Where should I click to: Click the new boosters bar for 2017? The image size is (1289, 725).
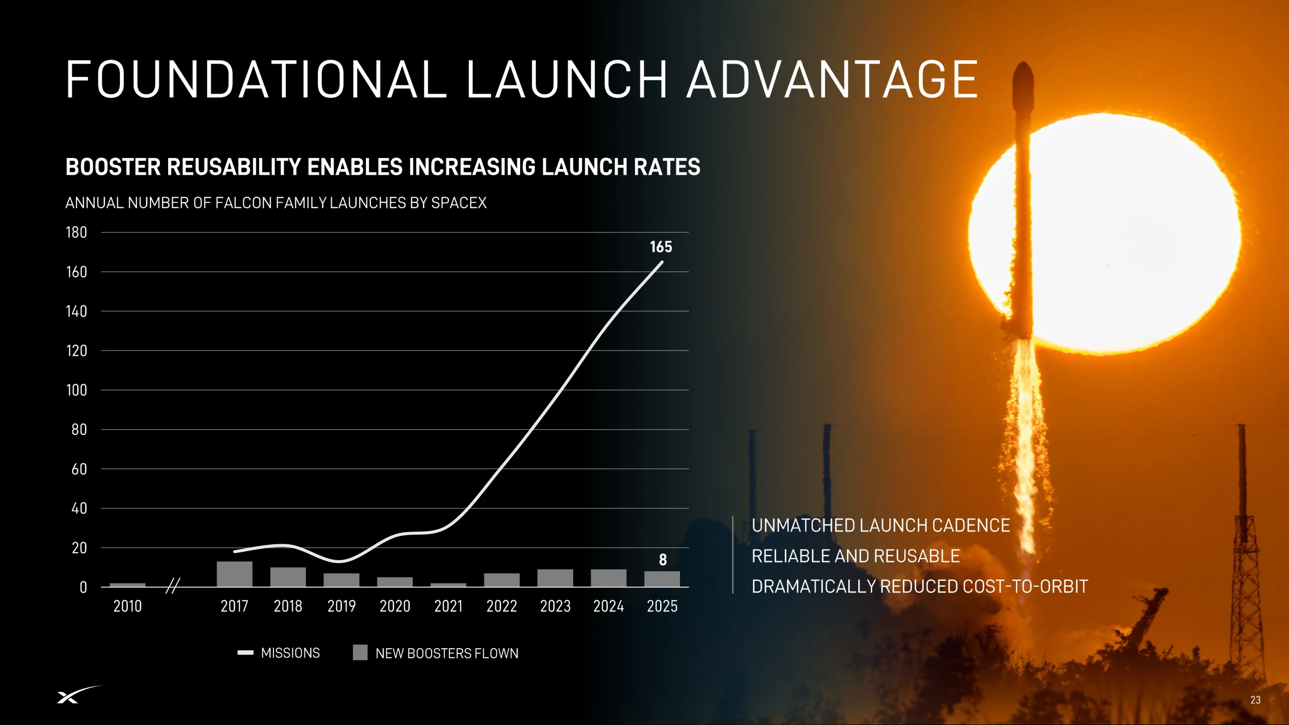(234, 574)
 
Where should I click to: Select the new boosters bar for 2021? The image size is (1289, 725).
(449, 585)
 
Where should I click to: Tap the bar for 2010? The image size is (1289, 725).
(128, 585)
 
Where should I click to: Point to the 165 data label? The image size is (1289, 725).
(661, 246)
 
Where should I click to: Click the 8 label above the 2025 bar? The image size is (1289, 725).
(663, 559)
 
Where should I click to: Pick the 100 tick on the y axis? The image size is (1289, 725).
(76, 390)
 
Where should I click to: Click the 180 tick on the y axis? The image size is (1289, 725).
(76, 232)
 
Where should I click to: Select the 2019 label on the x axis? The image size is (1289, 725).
(341, 606)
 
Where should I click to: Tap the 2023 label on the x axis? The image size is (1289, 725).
(555, 606)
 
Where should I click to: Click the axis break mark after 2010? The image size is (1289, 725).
(173, 585)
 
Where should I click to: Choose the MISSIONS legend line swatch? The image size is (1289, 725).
(245, 652)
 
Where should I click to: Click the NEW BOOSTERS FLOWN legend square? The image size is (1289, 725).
(360, 652)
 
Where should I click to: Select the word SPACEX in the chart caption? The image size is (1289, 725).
(459, 203)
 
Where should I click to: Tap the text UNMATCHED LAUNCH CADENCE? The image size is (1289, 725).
(881, 525)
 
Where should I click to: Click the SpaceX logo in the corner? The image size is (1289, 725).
(80, 695)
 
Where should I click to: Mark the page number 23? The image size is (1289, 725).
(1256, 700)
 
